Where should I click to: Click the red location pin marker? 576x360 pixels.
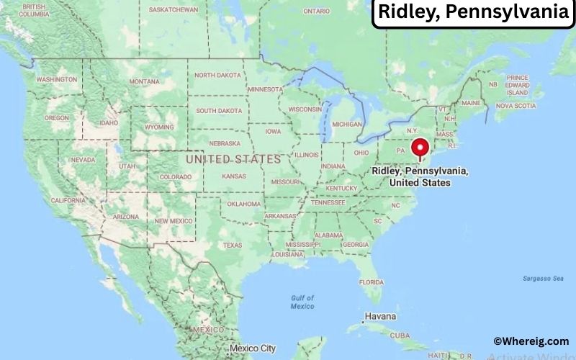[420, 149]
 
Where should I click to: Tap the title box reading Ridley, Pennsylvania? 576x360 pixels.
[472, 13]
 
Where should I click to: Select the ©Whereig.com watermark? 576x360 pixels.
[531, 341]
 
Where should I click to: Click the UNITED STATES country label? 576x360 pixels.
[233, 158]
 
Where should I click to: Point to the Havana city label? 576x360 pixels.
[380, 316]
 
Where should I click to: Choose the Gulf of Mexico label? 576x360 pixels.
[302, 302]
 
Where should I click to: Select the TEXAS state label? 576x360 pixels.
[233, 245]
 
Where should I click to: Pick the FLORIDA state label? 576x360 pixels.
[371, 281]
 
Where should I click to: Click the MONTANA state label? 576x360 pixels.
[144, 81]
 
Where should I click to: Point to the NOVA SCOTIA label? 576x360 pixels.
[516, 106]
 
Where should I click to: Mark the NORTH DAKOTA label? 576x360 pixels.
[218, 75]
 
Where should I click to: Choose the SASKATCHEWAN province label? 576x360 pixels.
[173, 10]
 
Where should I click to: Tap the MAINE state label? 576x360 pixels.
[472, 103]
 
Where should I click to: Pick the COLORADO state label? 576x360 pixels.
[175, 176]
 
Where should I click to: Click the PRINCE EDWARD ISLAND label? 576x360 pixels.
[517, 85]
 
